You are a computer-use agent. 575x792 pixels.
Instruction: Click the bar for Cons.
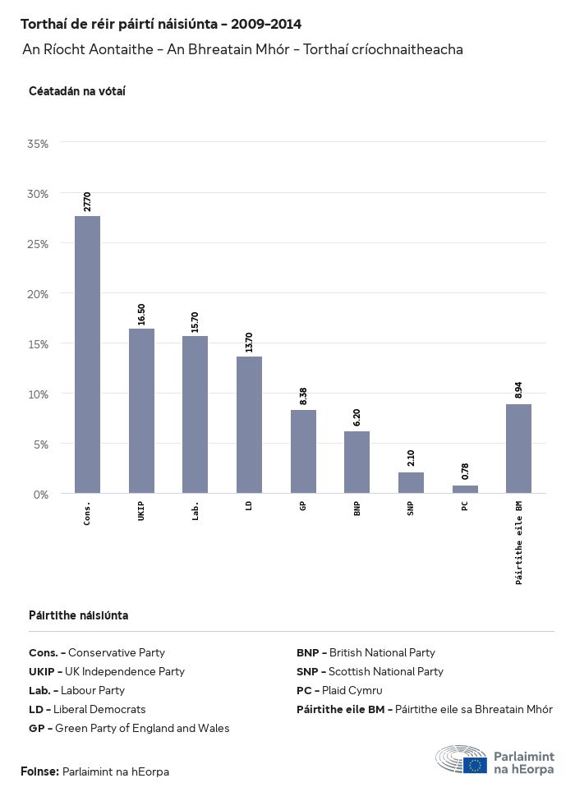(87, 354)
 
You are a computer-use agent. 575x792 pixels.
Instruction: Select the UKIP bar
(141, 411)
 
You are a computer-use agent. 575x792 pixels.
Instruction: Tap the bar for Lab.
(195, 415)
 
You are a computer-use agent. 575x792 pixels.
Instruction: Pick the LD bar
(249, 425)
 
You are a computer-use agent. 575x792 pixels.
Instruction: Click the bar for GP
(303, 452)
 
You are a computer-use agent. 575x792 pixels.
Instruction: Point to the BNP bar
(356, 463)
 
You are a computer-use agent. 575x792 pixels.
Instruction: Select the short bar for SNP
(411, 483)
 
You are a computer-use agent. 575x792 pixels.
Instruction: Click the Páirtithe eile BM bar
(518, 449)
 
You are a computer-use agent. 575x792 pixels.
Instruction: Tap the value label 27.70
(87, 202)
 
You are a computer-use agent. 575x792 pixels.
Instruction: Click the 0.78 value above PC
(465, 472)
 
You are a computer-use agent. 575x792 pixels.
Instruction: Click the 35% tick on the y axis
(39, 144)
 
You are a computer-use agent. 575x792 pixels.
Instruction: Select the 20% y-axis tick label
(39, 294)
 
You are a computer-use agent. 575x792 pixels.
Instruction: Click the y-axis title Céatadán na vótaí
(76, 91)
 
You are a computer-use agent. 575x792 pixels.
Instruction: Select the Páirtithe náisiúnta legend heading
(78, 615)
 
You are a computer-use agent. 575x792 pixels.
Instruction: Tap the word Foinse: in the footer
(39, 771)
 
